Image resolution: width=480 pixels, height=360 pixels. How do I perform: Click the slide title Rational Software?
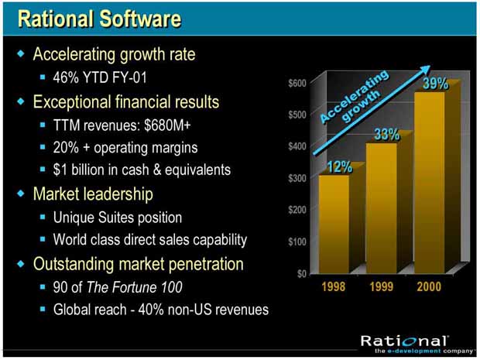click(100, 19)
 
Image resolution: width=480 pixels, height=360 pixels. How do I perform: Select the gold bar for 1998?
click(334, 224)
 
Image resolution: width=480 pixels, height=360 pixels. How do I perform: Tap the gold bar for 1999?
click(382, 207)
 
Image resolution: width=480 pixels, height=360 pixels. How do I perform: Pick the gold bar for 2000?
click(429, 183)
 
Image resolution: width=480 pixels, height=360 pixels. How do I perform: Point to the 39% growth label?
click(435, 84)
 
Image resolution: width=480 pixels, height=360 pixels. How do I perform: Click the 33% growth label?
click(387, 134)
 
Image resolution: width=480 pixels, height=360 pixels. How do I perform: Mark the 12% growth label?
click(340, 166)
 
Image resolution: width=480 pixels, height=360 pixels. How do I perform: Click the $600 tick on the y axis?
click(297, 84)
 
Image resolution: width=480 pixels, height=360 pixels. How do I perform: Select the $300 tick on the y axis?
click(297, 178)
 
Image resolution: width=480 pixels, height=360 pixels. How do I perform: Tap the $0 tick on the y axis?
click(302, 273)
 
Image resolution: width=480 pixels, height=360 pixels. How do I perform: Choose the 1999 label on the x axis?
click(382, 286)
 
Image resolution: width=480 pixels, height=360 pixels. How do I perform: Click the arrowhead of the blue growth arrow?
click(424, 70)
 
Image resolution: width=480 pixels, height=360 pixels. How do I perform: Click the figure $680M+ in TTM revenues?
click(167, 125)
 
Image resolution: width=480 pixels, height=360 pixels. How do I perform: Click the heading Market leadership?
click(93, 194)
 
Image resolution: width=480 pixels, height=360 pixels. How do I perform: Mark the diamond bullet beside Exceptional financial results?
click(21, 101)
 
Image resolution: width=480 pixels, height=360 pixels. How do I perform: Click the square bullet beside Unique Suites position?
click(43, 217)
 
